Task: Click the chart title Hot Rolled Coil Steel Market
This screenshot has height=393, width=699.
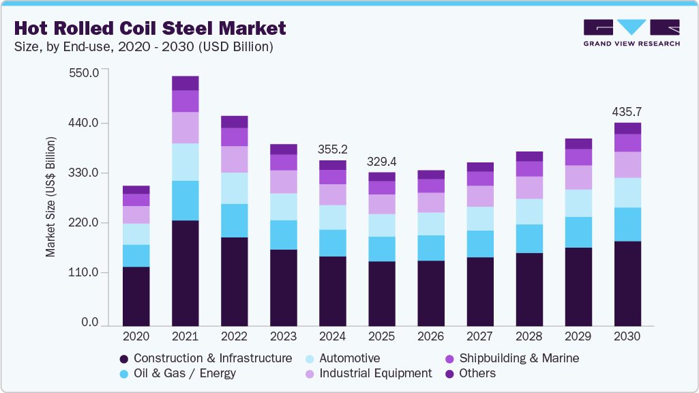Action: [x=149, y=28]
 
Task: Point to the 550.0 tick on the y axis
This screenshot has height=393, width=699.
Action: [x=85, y=72]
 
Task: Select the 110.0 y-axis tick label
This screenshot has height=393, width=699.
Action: [x=85, y=273]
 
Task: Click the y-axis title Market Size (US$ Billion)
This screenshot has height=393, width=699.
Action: [x=51, y=196]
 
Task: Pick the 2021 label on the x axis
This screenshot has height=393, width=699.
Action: [x=185, y=336]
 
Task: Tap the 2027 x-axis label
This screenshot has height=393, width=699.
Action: [x=480, y=336]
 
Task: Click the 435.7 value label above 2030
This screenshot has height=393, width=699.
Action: [x=627, y=112]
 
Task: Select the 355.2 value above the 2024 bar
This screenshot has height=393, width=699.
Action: [x=333, y=149]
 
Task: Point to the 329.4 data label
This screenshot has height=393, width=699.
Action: [x=382, y=162]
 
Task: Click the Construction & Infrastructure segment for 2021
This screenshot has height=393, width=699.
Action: [x=185, y=273]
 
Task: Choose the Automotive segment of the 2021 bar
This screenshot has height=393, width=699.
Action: [x=185, y=162]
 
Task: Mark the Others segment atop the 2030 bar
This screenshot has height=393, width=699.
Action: [x=627, y=128]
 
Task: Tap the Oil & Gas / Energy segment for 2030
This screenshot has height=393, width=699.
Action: [x=627, y=224]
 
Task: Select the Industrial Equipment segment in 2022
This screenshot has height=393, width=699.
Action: [x=234, y=159]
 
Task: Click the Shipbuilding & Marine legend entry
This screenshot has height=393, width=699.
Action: [x=511, y=358]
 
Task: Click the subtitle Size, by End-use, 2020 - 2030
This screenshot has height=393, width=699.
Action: [x=144, y=47]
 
